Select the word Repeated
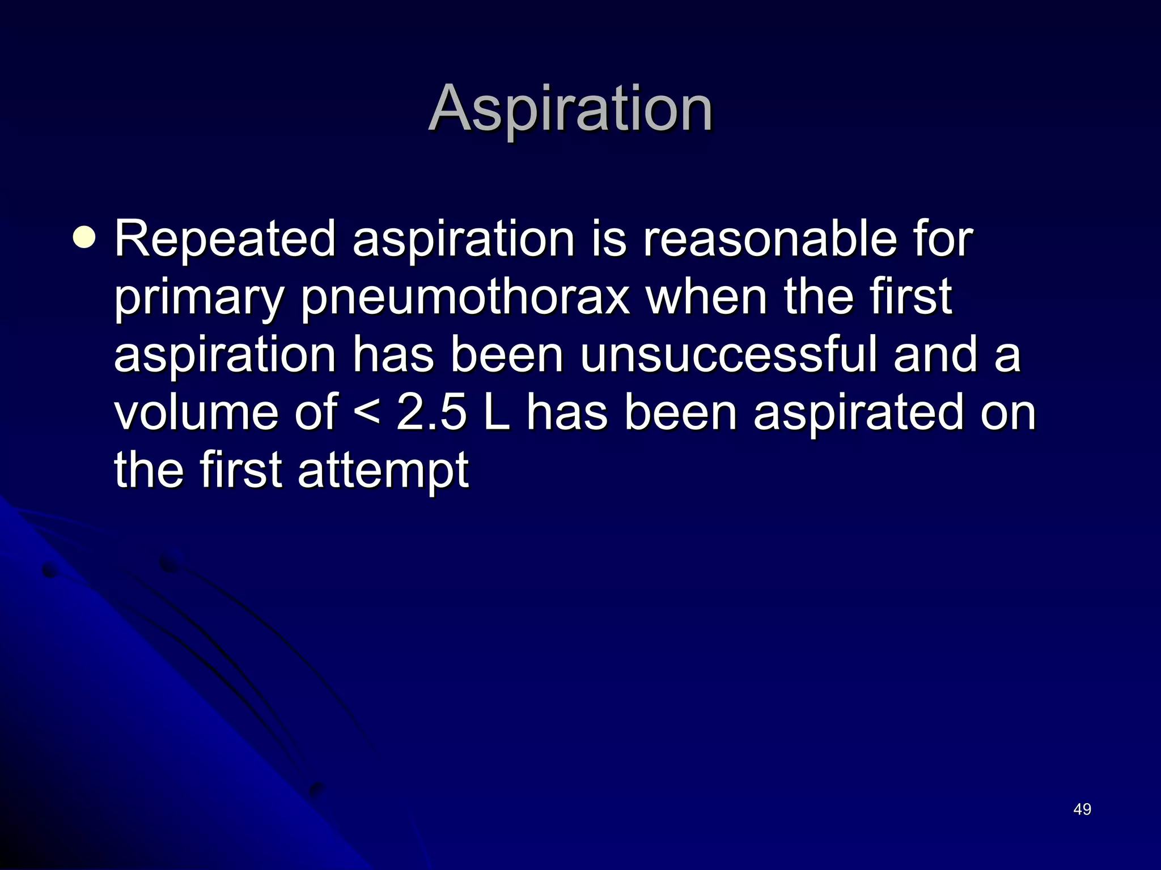click(226, 239)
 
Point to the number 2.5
click(432, 412)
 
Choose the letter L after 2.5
click(497, 412)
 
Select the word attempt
click(383, 471)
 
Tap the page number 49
click(1082, 809)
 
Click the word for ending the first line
click(943, 239)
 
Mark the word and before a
click(935, 355)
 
